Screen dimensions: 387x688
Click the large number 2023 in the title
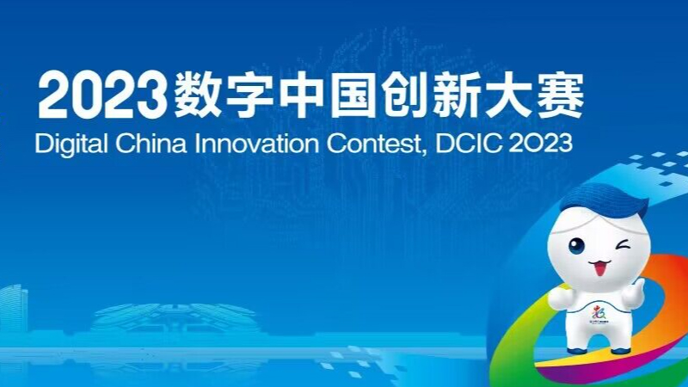(x=101, y=96)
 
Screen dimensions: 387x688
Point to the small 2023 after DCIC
(x=539, y=142)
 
